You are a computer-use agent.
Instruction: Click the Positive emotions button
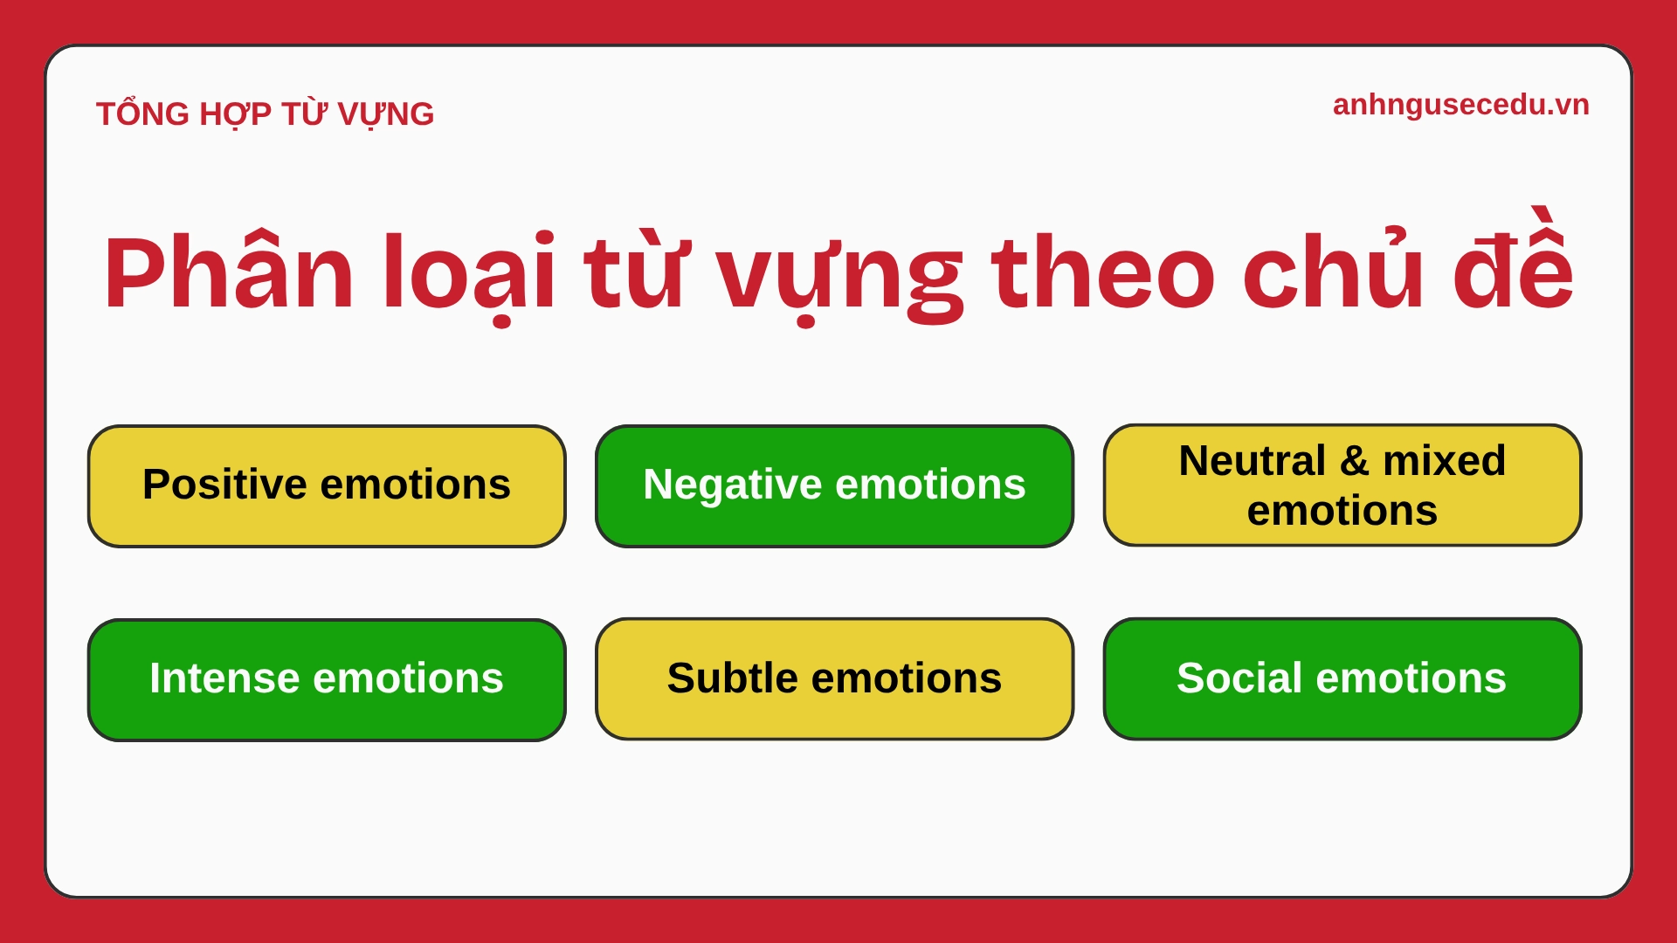click(x=327, y=486)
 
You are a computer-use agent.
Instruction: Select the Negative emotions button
click(x=834, y=486)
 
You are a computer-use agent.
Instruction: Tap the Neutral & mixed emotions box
click(x=1342, y=485)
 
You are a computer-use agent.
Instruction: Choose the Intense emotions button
click(x=327, y=679)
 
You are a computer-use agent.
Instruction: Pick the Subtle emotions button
click(x=834, y=679)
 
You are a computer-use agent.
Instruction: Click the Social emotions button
click(x=1342, y=679)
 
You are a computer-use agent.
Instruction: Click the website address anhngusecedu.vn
click(x=1460, y=105)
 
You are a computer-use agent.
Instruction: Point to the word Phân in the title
click(x=229, y=272)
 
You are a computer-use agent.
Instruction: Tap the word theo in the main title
click(x=1102, y=272)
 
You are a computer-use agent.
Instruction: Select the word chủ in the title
click(x=1333, y=272)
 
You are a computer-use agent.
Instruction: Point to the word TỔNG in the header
click(x=142, y=114)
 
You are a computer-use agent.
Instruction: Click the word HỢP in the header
click(x=235, y=114)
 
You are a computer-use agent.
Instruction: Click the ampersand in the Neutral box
click(x=1354, y=461)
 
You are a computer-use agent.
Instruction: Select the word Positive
click(x=224, y=485)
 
